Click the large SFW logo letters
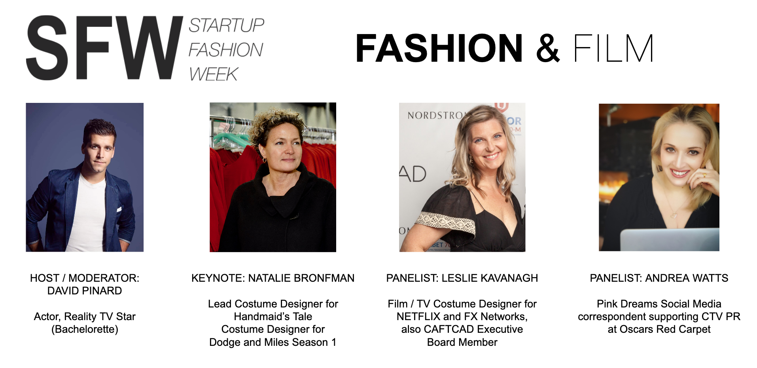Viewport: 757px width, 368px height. click(x=104, y=48)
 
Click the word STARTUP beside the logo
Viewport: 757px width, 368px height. click(x=226, y=26)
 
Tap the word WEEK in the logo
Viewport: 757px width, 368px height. click(x=214, y=74)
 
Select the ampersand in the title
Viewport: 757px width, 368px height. click(x=548, y=48)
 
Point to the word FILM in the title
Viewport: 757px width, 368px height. click(x=613, y=48)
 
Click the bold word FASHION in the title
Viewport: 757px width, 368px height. click(x=439, y=48)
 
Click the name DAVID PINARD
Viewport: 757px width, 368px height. click(x=85, y=291)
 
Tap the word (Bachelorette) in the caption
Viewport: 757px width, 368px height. click(x=85, y=329)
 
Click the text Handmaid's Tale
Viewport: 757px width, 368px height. click(x=273, y=317)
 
